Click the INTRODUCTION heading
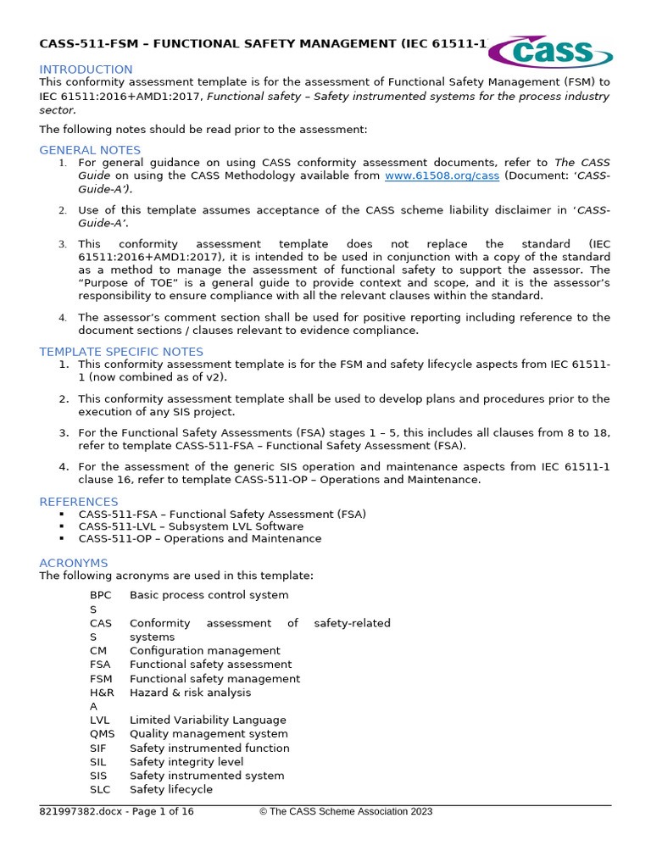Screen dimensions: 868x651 coord(86,70)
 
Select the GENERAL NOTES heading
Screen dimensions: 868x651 coord(90,150)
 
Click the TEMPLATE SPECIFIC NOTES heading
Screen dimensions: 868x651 coord(121,352)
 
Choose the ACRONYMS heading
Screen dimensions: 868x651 coord(74,563)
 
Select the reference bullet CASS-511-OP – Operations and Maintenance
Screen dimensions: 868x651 coord(199,539)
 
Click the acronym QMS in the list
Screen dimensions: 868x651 coord(102,734)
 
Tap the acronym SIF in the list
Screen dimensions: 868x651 coord(99,748)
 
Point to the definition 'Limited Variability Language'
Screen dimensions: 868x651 coord(208,721)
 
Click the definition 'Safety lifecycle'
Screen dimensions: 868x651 coord(171,790)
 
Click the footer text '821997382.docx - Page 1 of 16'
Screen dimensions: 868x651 coord(116,812)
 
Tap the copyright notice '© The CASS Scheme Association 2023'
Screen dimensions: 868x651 coord(346,812)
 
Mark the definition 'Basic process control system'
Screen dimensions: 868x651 coord(209,595)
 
